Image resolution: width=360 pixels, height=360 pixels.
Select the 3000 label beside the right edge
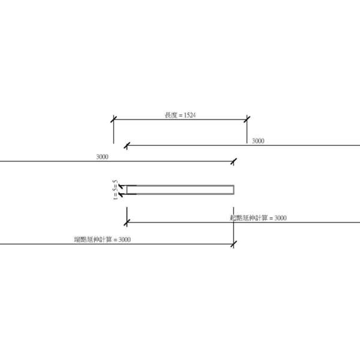tap(258, 141)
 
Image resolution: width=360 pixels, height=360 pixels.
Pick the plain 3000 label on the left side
tap(102, 157)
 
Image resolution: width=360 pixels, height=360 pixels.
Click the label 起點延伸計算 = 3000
tap(258, 218)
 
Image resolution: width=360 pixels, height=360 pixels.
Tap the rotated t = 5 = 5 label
tap(116, 190)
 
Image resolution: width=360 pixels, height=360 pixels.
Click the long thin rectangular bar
tap(180, 190)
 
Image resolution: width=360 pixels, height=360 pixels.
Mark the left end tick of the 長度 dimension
tap(113, 119)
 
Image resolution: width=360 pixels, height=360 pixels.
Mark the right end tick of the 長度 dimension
tap(247, 119)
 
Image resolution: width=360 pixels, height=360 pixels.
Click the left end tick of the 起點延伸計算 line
tap(127, 223)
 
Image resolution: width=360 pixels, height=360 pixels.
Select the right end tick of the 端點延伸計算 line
tap(233, 244)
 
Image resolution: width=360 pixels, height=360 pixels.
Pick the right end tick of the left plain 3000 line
tap(235, 161)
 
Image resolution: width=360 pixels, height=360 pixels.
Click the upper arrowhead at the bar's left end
tap(122, 187)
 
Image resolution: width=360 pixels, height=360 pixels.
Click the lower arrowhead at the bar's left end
tap(122, 193)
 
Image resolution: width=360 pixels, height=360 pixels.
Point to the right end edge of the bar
tap(234, 190)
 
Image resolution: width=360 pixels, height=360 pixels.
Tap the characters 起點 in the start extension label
tap(236, 218)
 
